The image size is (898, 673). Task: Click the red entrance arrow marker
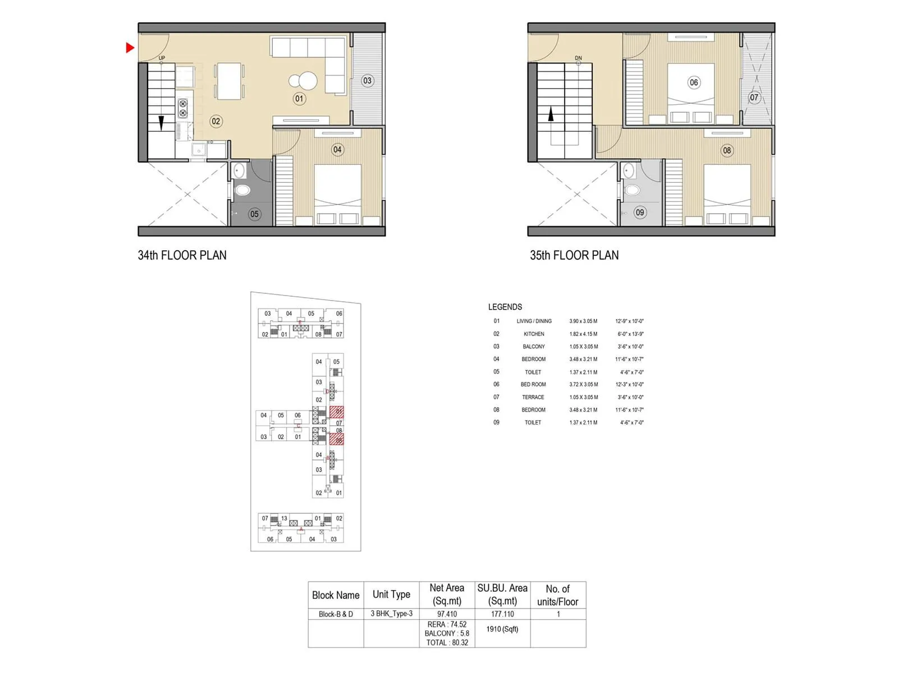[x=130, y=48]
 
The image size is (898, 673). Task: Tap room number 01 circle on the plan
[x=299, y=99]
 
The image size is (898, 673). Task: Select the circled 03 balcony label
[x=367, y=81]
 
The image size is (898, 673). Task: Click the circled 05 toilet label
[x=254, y=214]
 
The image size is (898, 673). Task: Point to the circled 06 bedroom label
[x=694, y=82]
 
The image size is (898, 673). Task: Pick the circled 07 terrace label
[x=754, y=98]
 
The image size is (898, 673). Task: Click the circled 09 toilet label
[x=640, y=213]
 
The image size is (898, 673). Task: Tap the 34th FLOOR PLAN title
[x=182, y=255]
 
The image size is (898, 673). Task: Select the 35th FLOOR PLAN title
[x=574, y=255]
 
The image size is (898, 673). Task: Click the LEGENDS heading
[x=505, y=307]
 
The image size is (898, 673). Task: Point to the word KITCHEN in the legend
[x=534, y=334]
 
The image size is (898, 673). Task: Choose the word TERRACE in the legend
[x=533, y=397]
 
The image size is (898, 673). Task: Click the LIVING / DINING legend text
[x=534, y=321]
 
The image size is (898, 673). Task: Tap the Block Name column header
[x=336, y=595]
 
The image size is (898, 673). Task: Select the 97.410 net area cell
[x=447, y=614]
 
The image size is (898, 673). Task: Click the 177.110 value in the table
[x=502, y=614]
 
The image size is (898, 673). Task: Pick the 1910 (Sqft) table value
[x=502, y=629]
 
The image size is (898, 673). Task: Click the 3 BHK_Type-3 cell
[x=391, y=614]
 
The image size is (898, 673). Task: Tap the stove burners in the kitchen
[x=183, y=108]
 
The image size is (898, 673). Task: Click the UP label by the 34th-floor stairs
[x=162, y=58]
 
